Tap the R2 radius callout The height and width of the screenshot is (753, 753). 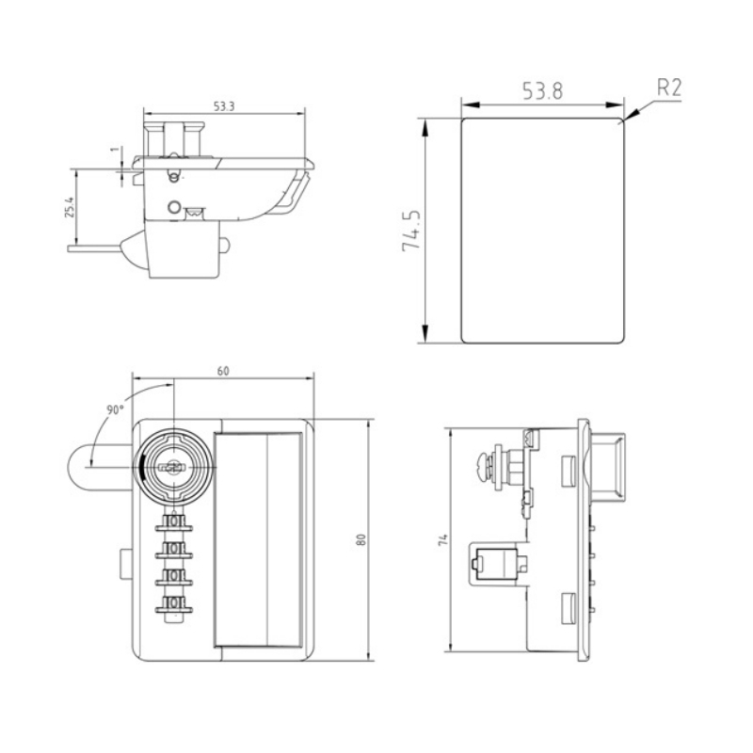click(x=668, y=88)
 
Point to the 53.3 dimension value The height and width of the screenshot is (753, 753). click(x=223, y=106)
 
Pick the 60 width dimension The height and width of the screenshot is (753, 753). click(x=223, y=370)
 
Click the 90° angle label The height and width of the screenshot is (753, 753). click(x=115, y=409)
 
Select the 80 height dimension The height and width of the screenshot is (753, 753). click(x=360, y=538)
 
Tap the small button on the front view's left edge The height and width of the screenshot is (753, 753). click(x=126, y=562)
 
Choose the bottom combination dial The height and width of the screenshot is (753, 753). click(x=173, y=603)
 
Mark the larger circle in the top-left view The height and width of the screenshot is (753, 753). click(x=173, y=207)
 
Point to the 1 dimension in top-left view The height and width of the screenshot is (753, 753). click(x=113, y=149)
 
